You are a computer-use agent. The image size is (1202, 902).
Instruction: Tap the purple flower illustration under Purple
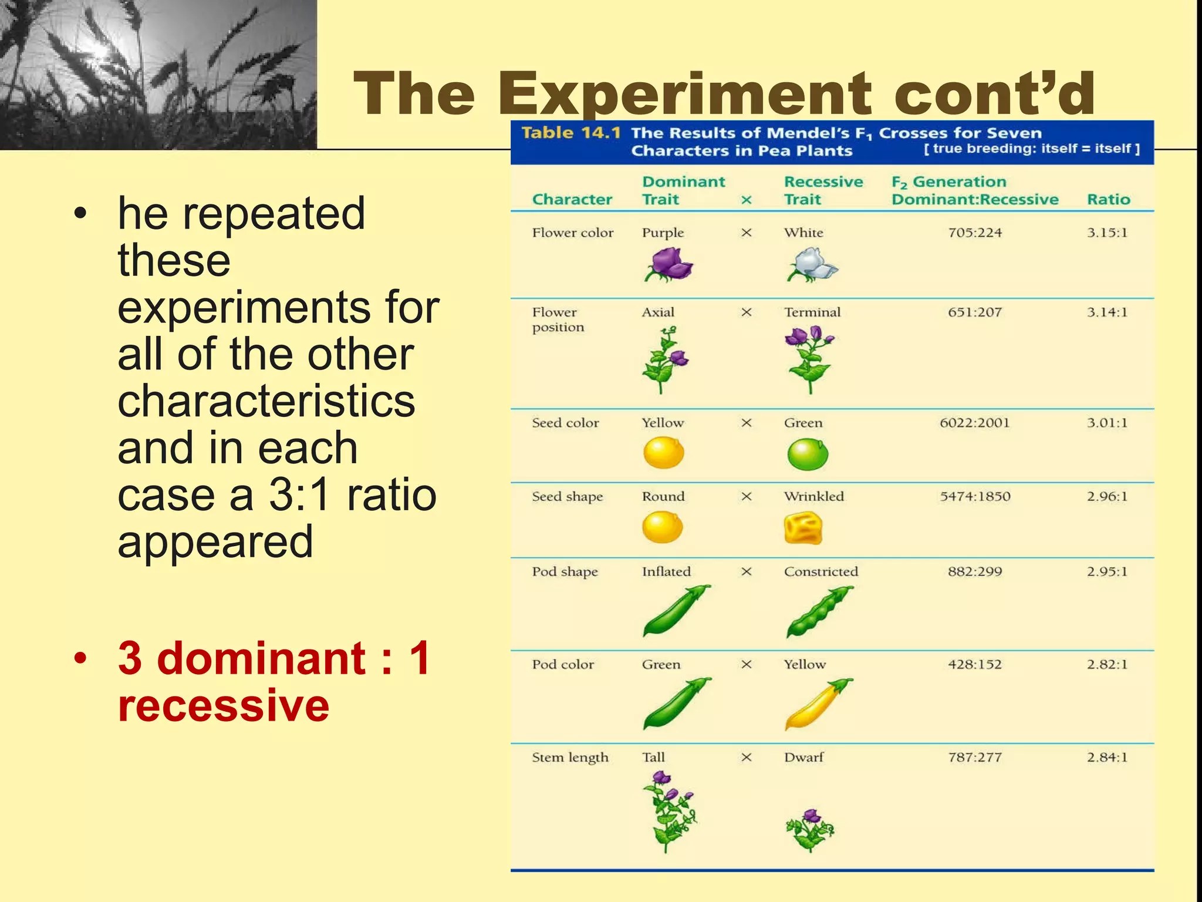(668, 264)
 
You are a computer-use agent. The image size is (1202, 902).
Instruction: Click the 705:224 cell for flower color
(975, 233)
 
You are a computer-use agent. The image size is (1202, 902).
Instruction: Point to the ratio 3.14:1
(1107, 312)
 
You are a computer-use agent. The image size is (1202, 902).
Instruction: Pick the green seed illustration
(807, 455)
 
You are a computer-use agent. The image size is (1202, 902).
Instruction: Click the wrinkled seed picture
(803, 528)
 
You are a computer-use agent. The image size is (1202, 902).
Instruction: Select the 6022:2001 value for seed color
(974, 423)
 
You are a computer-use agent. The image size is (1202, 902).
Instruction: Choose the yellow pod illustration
(818, 704)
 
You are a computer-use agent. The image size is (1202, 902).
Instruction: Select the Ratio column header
(1108, 200)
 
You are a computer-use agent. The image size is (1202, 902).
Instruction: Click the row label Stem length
(570, 758)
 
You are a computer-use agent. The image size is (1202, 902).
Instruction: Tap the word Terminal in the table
(812, 312)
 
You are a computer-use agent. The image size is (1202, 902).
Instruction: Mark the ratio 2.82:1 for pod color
(1107, 664)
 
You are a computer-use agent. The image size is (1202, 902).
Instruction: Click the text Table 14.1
(570, 133)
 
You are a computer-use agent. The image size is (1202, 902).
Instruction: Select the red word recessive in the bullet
(223, 705)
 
